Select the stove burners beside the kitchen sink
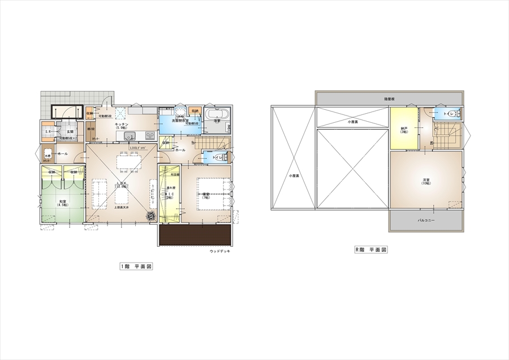150,135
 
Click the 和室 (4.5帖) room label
62,203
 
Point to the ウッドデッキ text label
220,251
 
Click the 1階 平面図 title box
136,266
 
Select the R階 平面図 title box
370,249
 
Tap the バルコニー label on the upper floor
426,220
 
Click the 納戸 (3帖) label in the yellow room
403,130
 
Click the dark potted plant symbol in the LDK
152,216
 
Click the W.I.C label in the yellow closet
169,195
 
